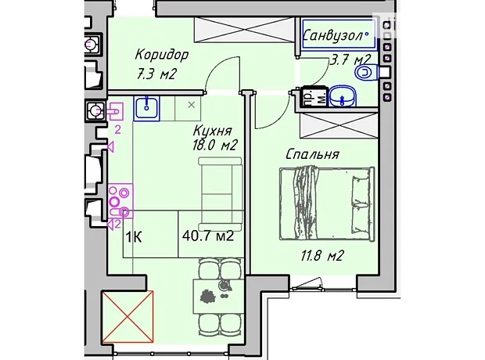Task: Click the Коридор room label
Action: click(161, 54)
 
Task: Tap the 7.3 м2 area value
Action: click(156, 74)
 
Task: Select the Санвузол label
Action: click(333, 35)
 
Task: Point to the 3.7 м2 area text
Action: click(350, 59)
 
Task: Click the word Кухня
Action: click(212, 131)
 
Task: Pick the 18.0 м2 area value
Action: click(214, 145)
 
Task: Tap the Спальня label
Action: click(312, 154)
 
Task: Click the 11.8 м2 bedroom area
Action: click(322, 256)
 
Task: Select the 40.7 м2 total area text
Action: click(208, 236)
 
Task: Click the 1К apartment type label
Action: click(134, 237)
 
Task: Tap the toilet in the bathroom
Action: click(367, 73)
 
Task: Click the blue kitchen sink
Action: click(146, 108)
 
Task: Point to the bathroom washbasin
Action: click(342, 96)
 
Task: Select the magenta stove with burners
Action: click(120, 200)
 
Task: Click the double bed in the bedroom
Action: click(327, 203)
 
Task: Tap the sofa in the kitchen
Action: click(220, 193)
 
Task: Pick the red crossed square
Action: click(128, 316)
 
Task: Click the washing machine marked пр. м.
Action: click(314, 96)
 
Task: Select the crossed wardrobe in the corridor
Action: click(244, 30)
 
